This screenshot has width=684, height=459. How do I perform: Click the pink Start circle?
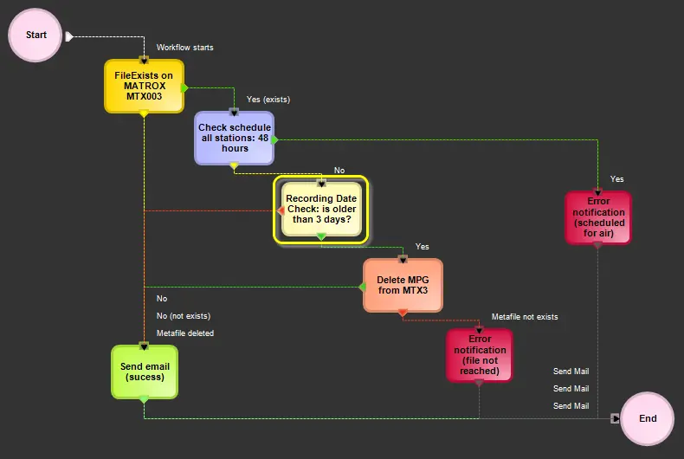(36, 36)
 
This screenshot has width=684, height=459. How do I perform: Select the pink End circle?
(648, 418)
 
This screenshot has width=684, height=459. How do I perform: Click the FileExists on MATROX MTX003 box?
(144, 86)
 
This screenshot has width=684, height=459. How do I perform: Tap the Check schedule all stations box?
(235, 138)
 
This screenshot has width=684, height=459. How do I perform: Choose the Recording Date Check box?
(321, 209)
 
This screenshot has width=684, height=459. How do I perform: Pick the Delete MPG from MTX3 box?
(403, 285)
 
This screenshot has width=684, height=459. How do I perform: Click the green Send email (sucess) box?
(144, 372)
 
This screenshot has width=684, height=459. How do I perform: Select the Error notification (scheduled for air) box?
(597, 217)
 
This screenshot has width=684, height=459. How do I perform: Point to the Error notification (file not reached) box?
(479, 355)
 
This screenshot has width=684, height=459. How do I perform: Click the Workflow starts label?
(184, 47)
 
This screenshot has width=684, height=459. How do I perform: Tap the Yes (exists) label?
(268, 100)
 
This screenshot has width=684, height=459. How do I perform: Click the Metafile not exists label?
(525, 317)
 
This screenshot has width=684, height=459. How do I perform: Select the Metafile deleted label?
(185, 333)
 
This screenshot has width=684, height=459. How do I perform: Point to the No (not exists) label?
(184, 316)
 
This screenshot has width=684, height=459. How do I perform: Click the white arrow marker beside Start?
(69, 36)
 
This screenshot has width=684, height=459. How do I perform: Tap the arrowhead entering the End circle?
(616, 418)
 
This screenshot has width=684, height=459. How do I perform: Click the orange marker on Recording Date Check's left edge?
(281, 210)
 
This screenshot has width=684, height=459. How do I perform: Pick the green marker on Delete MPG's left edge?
(363, 287)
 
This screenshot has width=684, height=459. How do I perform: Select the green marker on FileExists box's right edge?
(184, 87)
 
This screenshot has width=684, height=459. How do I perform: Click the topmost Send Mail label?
(571, 372)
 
